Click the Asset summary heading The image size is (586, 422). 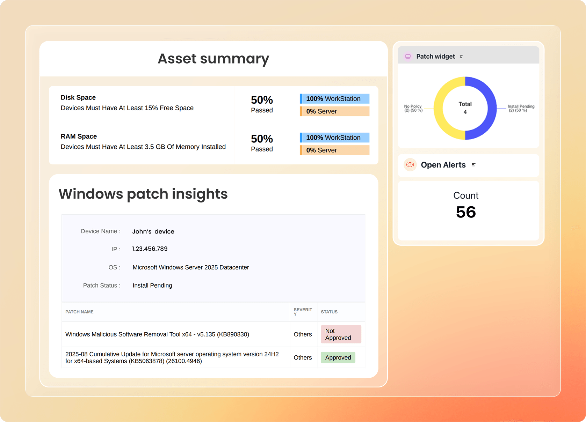[x=213, y=59]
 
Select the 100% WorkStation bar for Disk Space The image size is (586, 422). [x=335, y=98]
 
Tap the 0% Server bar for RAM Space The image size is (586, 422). [x=335, y=150]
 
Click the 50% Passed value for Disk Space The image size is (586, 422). [x=262, y=104]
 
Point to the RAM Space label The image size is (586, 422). [x=79, y=136]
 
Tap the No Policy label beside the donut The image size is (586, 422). [x=413, y=108]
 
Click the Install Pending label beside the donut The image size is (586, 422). [x=521, y=108]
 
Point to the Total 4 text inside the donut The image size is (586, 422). [x=465, y=108]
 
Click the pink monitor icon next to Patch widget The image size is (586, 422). [x=408, y=56]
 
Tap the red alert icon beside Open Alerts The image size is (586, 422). [x=410, y=165]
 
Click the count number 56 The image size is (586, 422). [x=466, y=212]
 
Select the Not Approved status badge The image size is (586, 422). [x=341, y=334]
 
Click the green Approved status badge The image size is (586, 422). [x=338, y=357]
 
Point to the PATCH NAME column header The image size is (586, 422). [x=79, y=312]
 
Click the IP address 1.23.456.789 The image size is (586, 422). [x=150, y=249]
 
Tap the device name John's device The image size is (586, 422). [x=153, y=231]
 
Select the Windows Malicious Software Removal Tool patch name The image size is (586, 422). [x=157, y=334]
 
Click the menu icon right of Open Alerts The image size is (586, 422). [x=473, y=165]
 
